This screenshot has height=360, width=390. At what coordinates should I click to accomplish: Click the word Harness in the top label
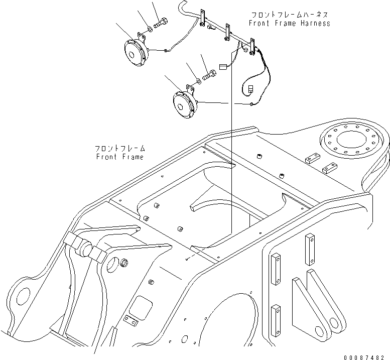click(x=315, y=24)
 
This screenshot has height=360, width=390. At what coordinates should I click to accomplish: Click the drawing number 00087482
click(x=364, y=357)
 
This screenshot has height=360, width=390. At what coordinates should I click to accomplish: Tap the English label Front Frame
click(x=120, y=157)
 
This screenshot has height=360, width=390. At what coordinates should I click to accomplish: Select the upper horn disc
click(x=136, y=54)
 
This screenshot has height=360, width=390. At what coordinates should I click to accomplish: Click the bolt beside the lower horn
click(x=209, y=74)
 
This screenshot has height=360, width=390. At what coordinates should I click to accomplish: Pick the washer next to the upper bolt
click(x=150, y=29)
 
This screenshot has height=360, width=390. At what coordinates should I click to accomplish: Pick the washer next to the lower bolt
click(x=198, y=81)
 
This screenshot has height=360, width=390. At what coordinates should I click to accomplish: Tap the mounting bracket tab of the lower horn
click(x=191, y=89)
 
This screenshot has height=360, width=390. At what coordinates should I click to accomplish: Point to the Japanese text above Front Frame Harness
click(x=289, y=15)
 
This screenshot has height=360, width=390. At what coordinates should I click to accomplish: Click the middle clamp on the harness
click(x=227, y=32)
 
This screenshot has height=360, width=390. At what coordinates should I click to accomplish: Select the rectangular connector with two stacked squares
click(x=250, y=89)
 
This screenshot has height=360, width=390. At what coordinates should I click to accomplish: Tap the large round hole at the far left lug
click(x=24, y=297)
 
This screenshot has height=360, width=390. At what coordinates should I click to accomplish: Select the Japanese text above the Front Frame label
click(x=120, y=149)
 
